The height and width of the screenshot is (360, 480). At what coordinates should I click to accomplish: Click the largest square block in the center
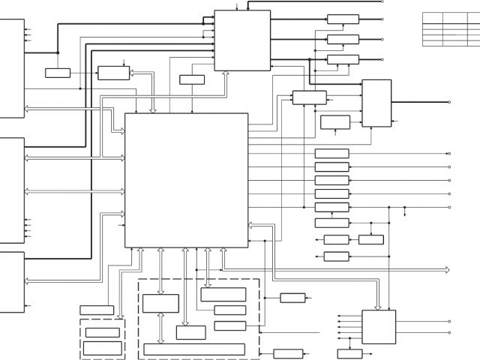pos(186,180)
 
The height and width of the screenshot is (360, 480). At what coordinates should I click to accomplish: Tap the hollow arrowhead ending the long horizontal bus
pos(446,269)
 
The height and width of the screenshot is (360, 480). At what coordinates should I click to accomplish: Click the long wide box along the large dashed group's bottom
pos(194,349)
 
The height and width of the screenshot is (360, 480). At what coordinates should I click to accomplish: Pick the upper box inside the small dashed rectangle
pos(102,332)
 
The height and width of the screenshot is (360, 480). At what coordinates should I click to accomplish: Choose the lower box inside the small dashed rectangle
pos(102,347)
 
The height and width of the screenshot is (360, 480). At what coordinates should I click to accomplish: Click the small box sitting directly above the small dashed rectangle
pos(97,310)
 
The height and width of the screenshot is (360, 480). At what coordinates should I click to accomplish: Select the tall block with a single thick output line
pos(376,103)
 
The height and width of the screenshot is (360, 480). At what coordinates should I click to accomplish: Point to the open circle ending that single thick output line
pos(449,102)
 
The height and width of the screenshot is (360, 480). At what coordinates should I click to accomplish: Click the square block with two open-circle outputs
pos(379,327)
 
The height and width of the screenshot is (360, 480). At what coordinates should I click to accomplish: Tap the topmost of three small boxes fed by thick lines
pos(343,19)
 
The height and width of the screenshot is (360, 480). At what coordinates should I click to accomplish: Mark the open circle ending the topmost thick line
pos(449,1)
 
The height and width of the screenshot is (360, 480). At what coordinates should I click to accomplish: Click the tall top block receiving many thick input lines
pos(242,40)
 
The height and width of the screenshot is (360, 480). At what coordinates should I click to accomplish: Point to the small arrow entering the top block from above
pos(237,7)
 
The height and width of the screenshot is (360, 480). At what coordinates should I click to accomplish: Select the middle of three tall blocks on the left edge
pos(12,190)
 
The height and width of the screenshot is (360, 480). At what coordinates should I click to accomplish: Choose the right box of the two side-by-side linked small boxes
pos(370,239)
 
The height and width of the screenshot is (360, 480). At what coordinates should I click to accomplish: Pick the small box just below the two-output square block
pos(349,354)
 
